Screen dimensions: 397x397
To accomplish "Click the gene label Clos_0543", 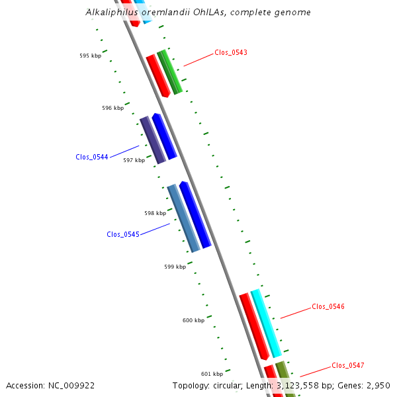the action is pos(231,52).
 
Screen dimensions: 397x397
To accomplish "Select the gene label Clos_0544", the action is pos(92,157).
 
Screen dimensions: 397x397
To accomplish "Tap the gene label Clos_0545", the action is pos(123,234).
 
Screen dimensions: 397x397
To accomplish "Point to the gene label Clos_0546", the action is pos(328,306).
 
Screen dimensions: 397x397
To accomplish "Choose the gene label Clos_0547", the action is pos(348,365).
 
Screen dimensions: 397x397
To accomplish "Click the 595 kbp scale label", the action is pos(91,56).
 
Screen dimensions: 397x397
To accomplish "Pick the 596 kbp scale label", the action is pos(113,108).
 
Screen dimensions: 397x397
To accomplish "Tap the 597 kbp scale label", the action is pos(134,160).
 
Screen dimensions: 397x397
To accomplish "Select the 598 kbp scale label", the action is pos(155,213).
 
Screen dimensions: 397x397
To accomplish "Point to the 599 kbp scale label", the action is pos(175,267).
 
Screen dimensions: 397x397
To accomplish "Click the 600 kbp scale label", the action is pos(193,320).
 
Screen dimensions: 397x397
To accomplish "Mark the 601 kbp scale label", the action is pos(212,374).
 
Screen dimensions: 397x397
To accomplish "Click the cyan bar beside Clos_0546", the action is pos(266,324).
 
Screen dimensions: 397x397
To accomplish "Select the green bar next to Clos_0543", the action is pos(169,72).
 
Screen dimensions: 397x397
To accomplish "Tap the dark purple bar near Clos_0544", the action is pos(153,140).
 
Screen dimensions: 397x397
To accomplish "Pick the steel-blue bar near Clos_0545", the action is pos(183,218).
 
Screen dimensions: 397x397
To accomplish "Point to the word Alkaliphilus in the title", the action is pos(112,12).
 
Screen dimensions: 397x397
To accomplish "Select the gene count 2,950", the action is pos(378,386).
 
